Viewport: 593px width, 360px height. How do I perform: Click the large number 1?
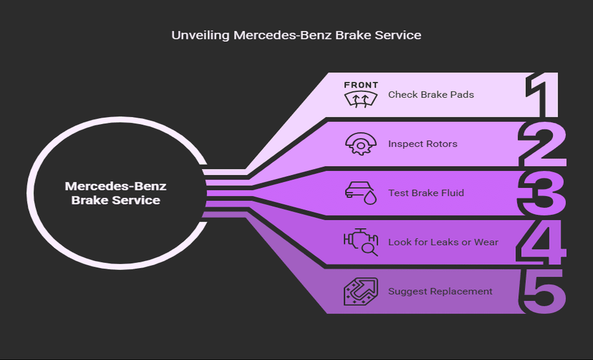point(543,95)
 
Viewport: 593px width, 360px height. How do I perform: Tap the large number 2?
point(542,144)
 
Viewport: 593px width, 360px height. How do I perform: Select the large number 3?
point(542,193)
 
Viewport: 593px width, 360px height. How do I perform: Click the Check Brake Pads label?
point(431,94)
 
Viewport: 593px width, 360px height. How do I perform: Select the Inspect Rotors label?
point(423,144)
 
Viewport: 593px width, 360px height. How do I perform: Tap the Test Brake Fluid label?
point(426,193)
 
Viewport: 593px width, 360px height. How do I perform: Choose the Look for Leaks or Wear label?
point(443,242)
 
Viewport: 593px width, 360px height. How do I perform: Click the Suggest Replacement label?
point(440,291)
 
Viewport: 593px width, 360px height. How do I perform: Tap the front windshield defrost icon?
point(361,99)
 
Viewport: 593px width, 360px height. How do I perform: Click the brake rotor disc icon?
point(361,144)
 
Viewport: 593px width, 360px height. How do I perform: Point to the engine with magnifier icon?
point(361,242)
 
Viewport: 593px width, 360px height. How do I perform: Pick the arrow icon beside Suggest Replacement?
point(361,291)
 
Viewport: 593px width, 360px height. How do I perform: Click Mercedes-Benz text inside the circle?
point(116,186)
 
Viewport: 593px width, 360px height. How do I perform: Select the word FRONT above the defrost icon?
point(361,85)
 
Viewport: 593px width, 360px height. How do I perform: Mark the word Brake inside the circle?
point(90,200)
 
